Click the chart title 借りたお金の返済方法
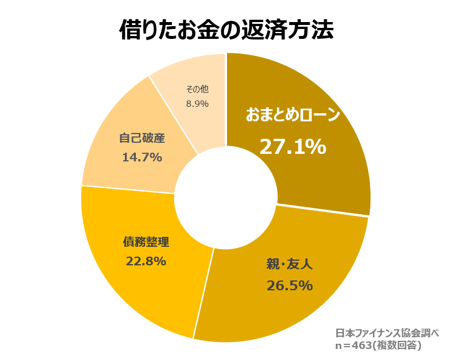click(226, 29)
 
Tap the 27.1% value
click(292, 146)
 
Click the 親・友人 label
click(290, 264)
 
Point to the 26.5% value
click(290, 286)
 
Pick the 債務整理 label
click(146, 240)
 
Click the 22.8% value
click(146, 261)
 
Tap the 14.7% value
click(142, 157)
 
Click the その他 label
click(197, 89)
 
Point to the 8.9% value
click(197, 103)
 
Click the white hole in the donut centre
click(225, 197)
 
